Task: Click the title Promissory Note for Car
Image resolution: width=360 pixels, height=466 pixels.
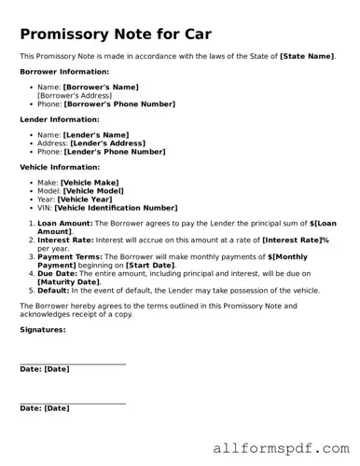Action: tap(116, 35)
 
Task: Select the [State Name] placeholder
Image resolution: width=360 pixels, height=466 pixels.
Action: tap(307, 57)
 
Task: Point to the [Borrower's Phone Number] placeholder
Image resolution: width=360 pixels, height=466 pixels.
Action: tap(118, 103)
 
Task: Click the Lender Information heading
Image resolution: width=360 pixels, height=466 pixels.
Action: tap(59, 119)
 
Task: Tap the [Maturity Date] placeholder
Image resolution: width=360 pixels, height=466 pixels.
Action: tap(68, 281)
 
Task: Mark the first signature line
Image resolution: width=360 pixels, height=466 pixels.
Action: tap(73, 363)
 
